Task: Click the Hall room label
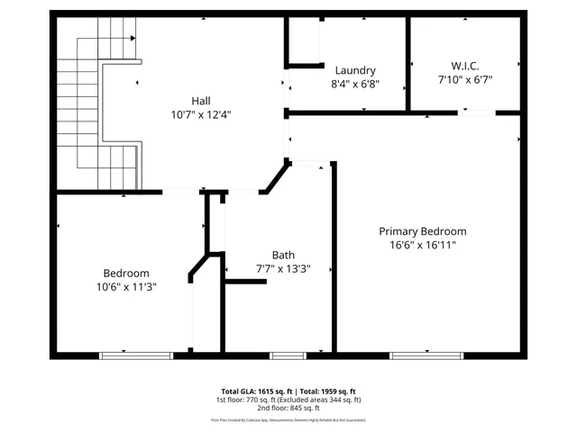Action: click(x=200, y=100)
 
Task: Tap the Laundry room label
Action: click(x=354, y=70)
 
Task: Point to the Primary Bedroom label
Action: click(x=422, y=231)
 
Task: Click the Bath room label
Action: click(x=283, y=255)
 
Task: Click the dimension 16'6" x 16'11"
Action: click(x=422, y=246)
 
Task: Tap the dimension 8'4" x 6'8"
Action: click(x=354, y=85)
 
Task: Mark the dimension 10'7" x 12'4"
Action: click(x=200, y=114)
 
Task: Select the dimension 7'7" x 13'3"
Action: click(x=283, y=269)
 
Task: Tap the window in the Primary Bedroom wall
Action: click(x=426, y=355)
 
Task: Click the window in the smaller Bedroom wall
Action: click(x=135, y=355)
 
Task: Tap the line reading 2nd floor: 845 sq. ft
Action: click(x=288, y=408)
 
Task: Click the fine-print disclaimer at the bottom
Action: click(x=288, y=419)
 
